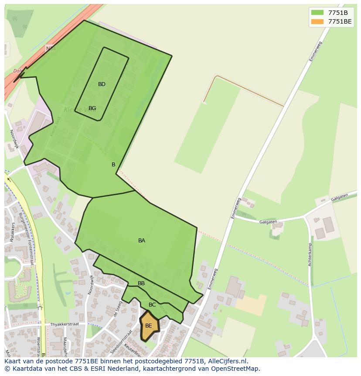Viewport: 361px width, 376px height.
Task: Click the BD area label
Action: (102, 84)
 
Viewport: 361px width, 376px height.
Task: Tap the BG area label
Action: (92, 108)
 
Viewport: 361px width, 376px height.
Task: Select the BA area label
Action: (141, 241)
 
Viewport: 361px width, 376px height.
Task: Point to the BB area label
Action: (141, 283)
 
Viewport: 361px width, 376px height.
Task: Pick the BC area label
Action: (152, 305)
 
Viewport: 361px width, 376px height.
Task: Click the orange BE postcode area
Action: (149, 326)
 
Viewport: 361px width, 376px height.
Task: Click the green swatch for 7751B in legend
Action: (317, 12)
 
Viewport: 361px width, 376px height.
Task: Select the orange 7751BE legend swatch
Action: (317, 21)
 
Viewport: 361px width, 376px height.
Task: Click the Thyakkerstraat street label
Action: (64, 324)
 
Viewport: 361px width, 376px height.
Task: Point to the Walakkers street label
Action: (12, 232)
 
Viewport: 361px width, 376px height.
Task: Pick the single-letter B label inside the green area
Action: (113, 165)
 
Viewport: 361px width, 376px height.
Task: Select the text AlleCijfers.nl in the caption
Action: (226, 361)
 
